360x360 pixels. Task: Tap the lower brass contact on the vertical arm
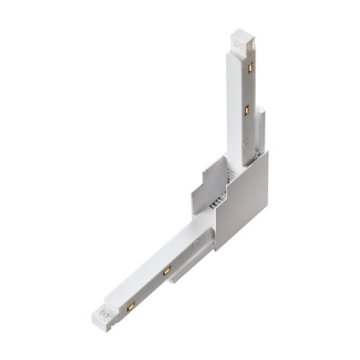coord(247,110)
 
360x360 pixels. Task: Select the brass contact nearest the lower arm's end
coord(130,307)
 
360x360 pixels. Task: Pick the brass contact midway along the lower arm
coord(166,270)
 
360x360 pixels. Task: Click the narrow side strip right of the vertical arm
coord(260,126)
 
